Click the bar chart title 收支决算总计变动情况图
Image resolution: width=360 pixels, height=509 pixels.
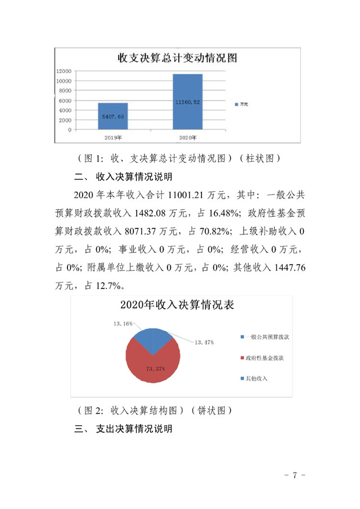pos(176,57)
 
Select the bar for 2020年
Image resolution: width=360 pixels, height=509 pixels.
pos(188,102)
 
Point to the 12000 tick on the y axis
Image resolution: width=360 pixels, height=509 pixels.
pos(64,71)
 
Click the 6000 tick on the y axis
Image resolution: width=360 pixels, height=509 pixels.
pos(65,101)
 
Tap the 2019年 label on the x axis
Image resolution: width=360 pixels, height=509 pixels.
pos(112,137)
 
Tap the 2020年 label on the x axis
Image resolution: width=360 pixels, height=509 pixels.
pos(188,137)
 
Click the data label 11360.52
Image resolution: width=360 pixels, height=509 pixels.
pos(188,102)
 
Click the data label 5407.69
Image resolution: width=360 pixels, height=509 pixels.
pos(112,116)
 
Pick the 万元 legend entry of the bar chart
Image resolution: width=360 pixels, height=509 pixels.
pos(241,105)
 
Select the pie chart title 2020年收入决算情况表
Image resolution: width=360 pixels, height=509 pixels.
pos(177,306)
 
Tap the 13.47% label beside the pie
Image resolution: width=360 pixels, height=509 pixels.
pos(204,341)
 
